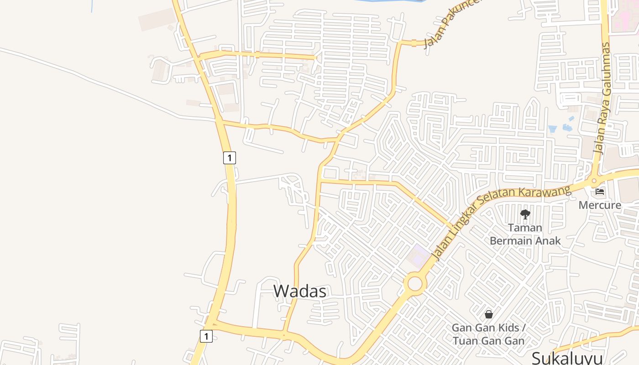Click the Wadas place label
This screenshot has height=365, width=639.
click(300, 291)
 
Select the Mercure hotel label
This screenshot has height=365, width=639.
click(600, 205)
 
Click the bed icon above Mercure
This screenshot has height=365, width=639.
click(600, 192)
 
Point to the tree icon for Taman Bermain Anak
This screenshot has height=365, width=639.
click(525, 214)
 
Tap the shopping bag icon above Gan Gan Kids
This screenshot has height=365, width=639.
click(488, 314)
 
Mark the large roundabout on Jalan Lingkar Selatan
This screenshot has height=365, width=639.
click(415, 283)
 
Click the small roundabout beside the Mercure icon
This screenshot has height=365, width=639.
click(594, 181)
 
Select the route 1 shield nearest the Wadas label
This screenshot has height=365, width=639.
click(206, 336)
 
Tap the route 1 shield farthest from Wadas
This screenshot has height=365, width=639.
click(230, 158)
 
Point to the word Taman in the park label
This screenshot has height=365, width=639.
click(525, 227)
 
